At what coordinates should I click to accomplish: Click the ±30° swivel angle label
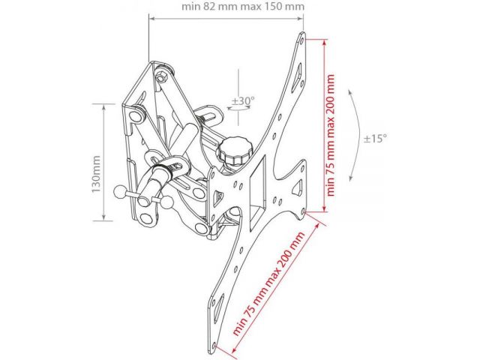click(243, 100)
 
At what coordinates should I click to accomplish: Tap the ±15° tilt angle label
click(375, 139)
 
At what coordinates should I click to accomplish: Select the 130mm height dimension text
click(97, 174)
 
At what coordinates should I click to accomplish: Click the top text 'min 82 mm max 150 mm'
click(243, 7)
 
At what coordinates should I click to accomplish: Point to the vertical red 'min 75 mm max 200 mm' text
click(331, 135)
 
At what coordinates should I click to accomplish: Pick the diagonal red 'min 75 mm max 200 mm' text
click(268, 279)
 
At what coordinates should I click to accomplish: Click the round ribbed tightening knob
click(234, 150)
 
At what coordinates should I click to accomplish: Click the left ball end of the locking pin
click(119, 192)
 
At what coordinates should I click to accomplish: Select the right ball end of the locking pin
click(167, 202)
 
